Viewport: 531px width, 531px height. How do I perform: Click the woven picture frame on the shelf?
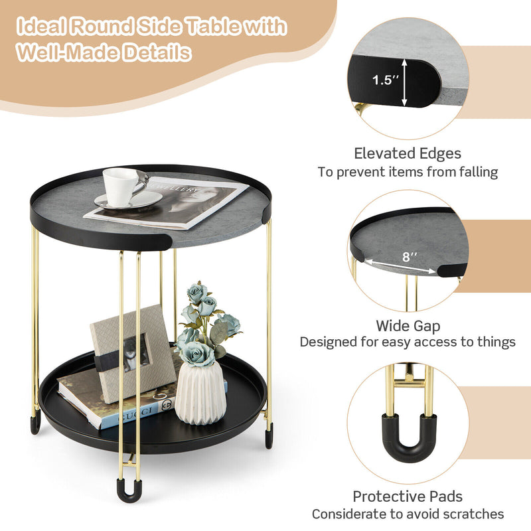point(133,352)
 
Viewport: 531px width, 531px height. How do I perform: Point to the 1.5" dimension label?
point(386,80)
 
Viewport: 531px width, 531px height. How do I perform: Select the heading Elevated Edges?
point(407,154)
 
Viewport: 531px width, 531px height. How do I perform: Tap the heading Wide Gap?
point(408,326)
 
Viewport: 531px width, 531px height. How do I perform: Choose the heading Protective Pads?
point(408,496)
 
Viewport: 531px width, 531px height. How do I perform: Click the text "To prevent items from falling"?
point(407,173)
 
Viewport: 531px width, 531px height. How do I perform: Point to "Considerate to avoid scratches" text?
point(408,514)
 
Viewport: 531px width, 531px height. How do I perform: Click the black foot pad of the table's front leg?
point(129,491)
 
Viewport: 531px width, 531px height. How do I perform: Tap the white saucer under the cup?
point(128,201)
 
